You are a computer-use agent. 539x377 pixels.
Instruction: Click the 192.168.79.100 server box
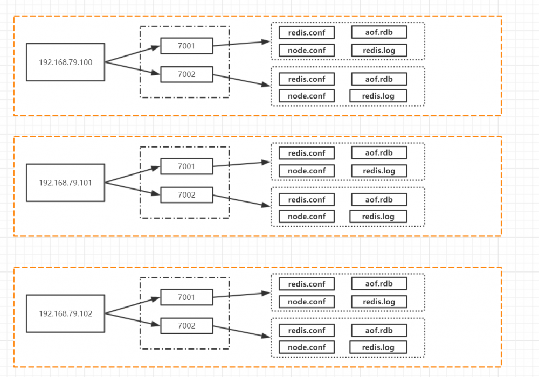click(65, 62)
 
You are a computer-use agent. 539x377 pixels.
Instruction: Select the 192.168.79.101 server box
click(65, 183)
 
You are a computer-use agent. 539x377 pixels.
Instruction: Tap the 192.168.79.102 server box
click(65, 313)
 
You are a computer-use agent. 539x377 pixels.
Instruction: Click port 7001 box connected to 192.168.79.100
click(186, 46)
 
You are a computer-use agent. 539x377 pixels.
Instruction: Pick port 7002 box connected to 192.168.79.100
click(186, 74)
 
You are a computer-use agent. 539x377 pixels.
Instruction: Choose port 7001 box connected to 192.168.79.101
click(186, 166)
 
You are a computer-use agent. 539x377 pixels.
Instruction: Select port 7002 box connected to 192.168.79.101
click(186, 195)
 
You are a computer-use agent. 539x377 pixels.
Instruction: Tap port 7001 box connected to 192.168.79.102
click(186, 297)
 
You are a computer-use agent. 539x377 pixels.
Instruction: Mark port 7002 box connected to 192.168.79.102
click(186, 326)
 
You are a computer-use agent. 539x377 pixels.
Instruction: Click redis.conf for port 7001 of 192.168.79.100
click(307, 32)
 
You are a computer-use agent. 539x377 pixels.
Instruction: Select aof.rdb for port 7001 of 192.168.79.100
click(379, 32)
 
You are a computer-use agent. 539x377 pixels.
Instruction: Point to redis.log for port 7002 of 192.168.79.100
click(378, 96)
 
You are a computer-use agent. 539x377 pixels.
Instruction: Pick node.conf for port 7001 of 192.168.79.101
click(307, 171)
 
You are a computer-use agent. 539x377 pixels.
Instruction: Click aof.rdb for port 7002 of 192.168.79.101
click(379, 199)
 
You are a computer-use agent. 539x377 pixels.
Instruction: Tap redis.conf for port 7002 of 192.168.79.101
click(307, 199)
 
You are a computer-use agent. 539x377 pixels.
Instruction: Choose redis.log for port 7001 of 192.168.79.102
click(379, 302)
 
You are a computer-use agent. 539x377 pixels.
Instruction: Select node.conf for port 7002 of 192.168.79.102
click(307, 347)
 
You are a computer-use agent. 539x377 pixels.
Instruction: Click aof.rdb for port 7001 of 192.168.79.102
click(379, 284)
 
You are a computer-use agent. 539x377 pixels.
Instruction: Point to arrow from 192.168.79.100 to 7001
click(133, 54)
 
